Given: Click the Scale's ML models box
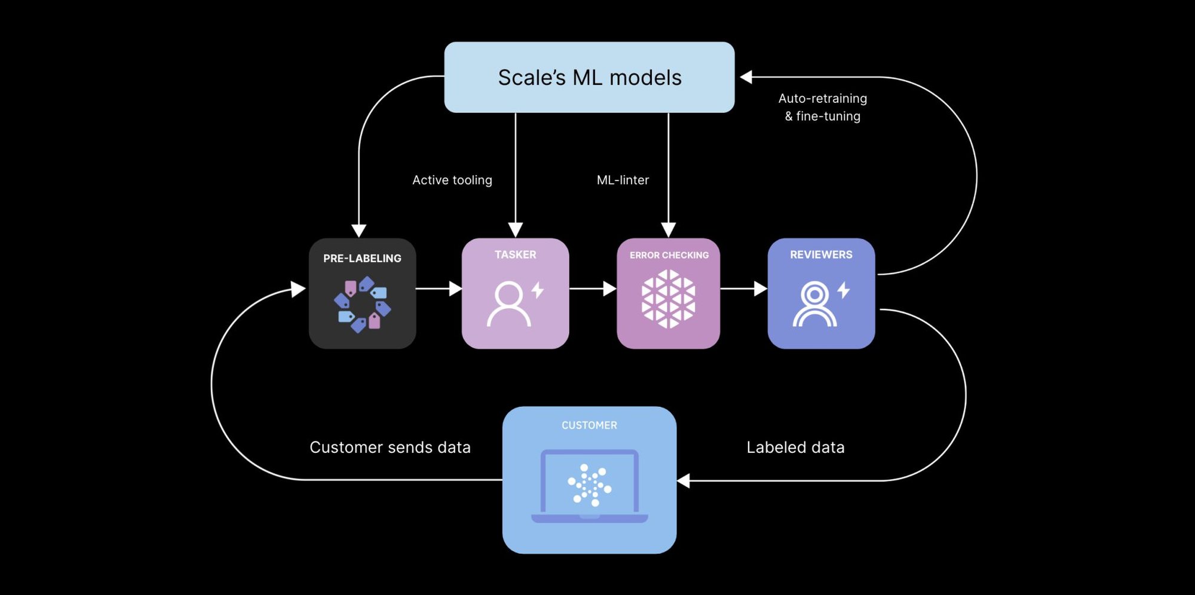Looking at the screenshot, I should coord(589,77).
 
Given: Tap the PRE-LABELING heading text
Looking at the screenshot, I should coord(362,258).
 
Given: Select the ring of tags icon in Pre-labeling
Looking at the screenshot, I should coord(362,304).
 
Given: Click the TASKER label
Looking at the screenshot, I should coord(515,254).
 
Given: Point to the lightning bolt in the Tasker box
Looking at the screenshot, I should coord(538,290).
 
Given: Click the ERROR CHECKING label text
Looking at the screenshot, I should coord(669,255).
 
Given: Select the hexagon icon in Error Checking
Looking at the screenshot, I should coord(668,299).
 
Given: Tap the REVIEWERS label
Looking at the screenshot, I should coord(821,254).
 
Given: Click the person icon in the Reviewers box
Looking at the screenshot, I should coord(814,304).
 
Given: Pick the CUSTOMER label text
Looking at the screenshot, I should coord(589,425).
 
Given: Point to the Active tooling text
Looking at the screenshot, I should coord(452,180).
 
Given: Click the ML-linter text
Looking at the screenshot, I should coord(623,180).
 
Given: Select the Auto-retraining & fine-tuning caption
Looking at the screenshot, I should coord(822,108).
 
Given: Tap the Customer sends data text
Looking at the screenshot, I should coord(390,447).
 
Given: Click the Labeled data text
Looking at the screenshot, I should coord(795,447).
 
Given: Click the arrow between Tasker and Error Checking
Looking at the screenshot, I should coord(592,289).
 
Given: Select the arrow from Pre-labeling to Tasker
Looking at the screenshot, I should coord(439,289).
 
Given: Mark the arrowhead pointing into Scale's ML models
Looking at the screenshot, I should coord(746,77).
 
